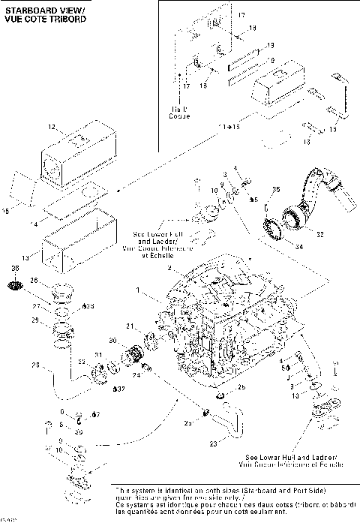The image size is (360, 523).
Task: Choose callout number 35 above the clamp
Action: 275,189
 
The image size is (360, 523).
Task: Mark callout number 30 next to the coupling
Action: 112,341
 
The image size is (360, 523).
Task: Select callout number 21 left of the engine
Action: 129,326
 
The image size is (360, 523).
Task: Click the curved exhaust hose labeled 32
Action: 307,199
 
